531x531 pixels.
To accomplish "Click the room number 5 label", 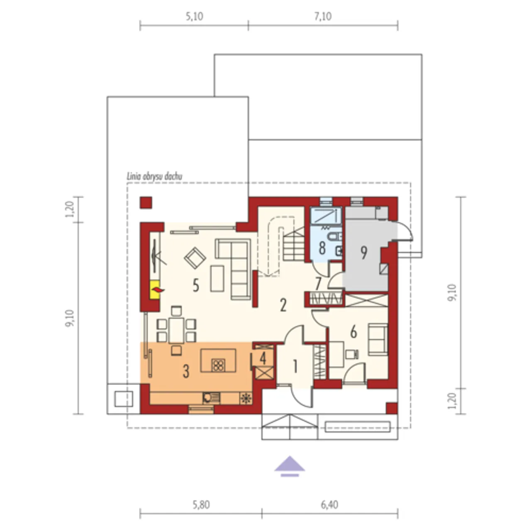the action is [196, 285].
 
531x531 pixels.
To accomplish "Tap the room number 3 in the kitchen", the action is [186, 371].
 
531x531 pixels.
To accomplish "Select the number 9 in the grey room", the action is [364, 252].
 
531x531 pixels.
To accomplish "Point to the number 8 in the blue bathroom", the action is [322, 248].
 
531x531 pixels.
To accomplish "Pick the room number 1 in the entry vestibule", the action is [295, 366].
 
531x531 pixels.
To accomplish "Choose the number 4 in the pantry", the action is [263, 358].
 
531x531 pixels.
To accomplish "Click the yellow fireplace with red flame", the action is [155, 290].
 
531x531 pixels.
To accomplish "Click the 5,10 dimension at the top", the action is [195, 17].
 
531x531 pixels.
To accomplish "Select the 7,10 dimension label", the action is [323, 17].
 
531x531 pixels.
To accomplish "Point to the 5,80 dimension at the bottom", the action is [201, 505].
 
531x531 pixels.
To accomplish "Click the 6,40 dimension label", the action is [329, 505].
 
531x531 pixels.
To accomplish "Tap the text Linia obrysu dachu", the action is [154, 176].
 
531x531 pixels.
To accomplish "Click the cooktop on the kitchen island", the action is [218, 365].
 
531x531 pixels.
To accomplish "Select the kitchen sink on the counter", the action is [211, 398].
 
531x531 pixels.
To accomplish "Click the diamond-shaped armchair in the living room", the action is [195, 258].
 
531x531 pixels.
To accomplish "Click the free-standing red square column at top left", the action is [146, 202].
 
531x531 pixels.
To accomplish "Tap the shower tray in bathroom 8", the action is [326, 216].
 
